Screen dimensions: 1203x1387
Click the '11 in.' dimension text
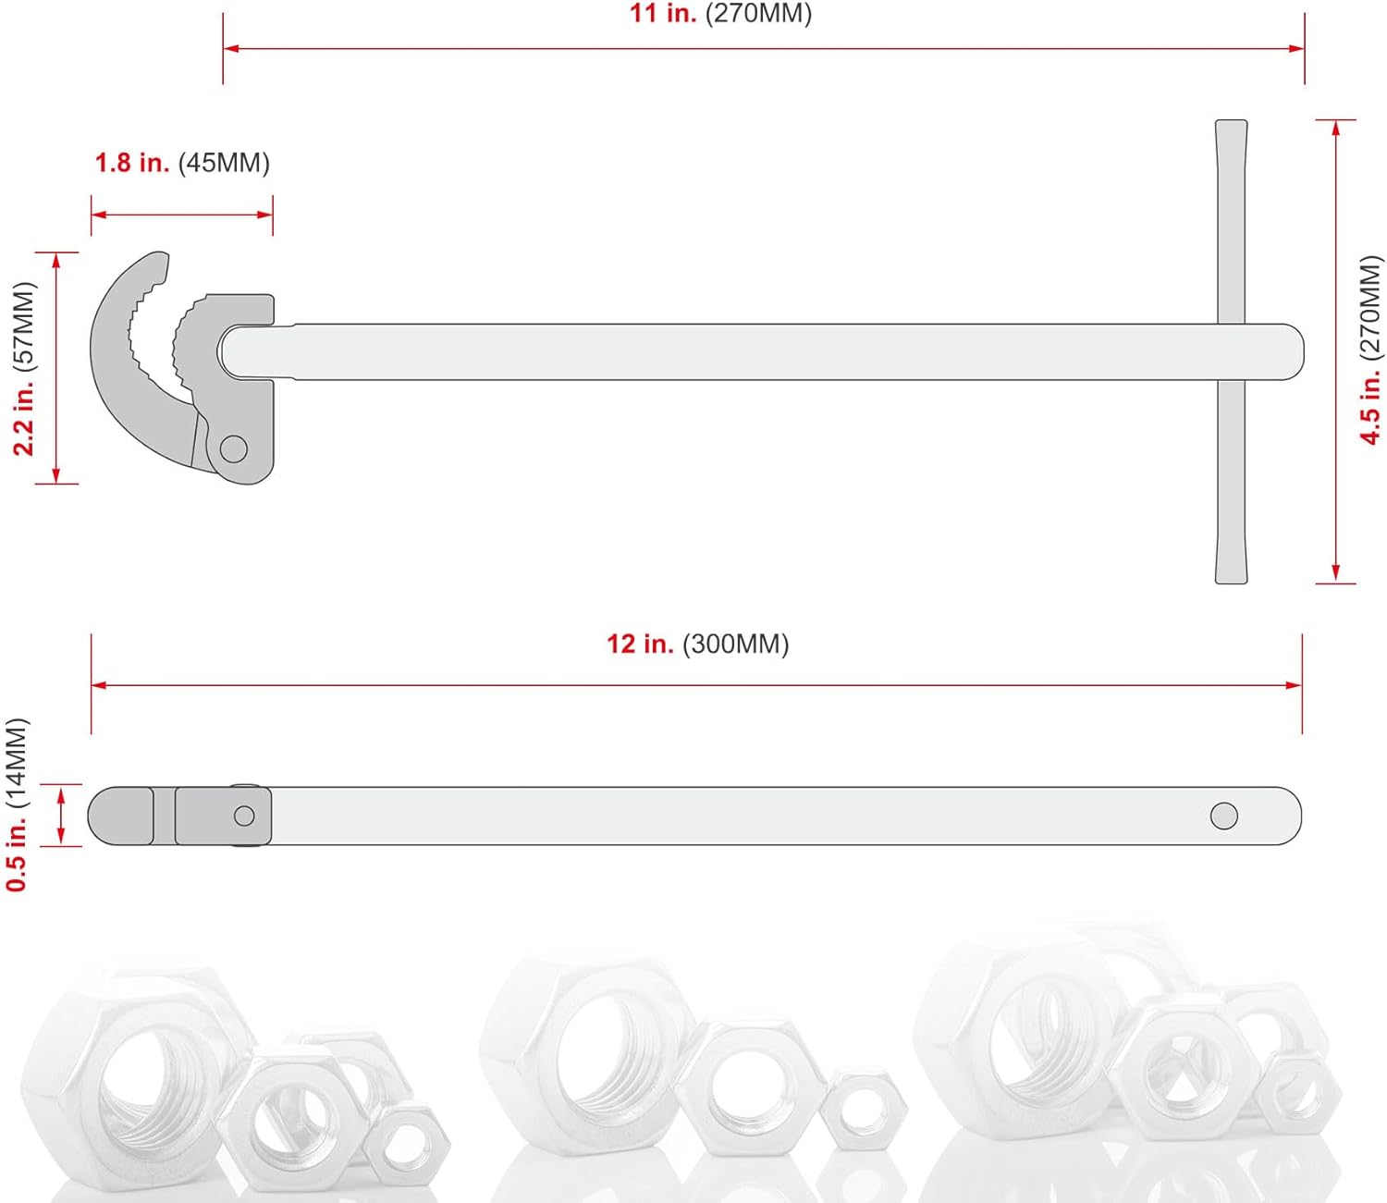coord(662,14)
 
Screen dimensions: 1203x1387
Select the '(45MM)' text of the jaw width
coord(224,163)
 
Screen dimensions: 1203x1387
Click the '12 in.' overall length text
coord(640,644)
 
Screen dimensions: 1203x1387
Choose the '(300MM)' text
coord(736,644)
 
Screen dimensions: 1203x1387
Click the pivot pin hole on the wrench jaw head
coord(234,449)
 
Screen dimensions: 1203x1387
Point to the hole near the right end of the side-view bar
coord(1223,816)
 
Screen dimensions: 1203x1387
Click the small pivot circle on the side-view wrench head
coord(244,816)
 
